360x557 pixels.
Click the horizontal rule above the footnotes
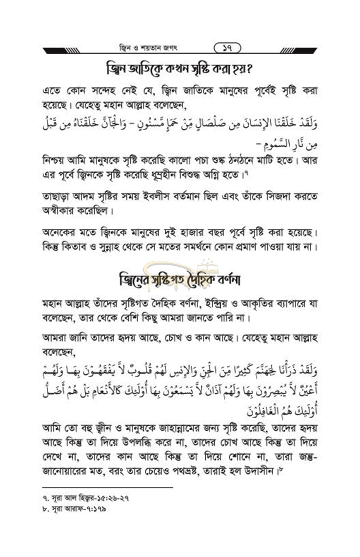pos(108,487)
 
